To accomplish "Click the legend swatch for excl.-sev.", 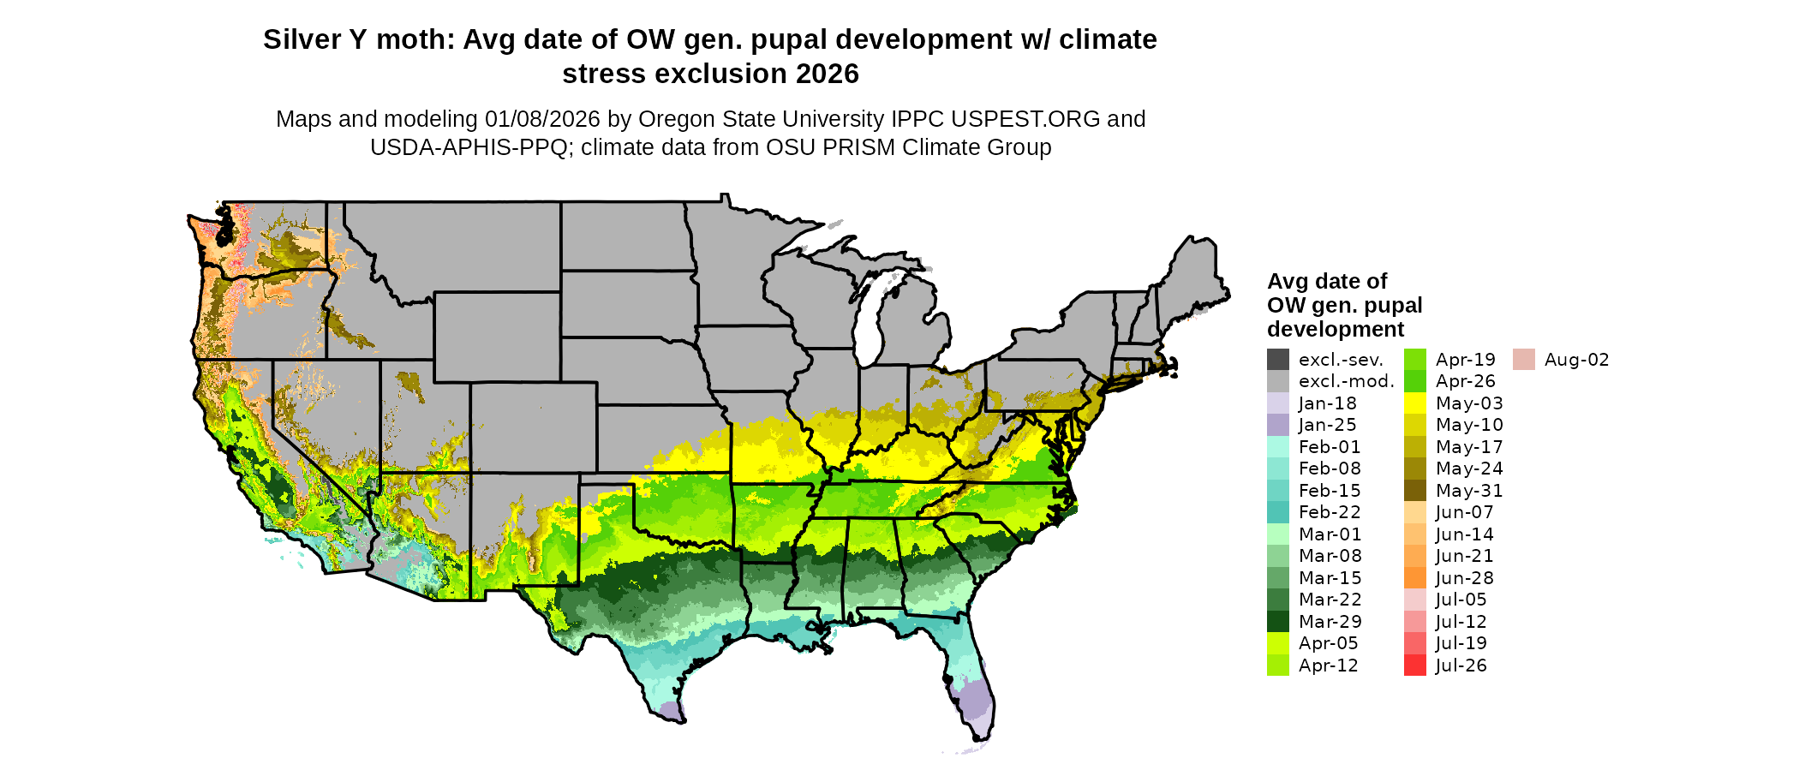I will (1277, 360).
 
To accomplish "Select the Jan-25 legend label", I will (1327, 425).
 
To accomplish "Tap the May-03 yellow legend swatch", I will (1415, 403).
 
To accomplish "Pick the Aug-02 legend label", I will (1576, 360).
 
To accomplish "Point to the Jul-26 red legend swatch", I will (1415, 666).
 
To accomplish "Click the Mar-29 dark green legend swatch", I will (1277, 622).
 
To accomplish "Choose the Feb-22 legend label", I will (1330, 512).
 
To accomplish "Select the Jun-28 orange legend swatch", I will (1415, 578).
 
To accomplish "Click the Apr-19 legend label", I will (1466, 360).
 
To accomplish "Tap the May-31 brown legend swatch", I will (1415, 491).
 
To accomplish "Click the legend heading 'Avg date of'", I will (1327, 282).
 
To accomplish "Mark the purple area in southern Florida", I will (974, 702).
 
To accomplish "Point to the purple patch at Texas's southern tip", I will (672, 711).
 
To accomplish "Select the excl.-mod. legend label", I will (1347, 381).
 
